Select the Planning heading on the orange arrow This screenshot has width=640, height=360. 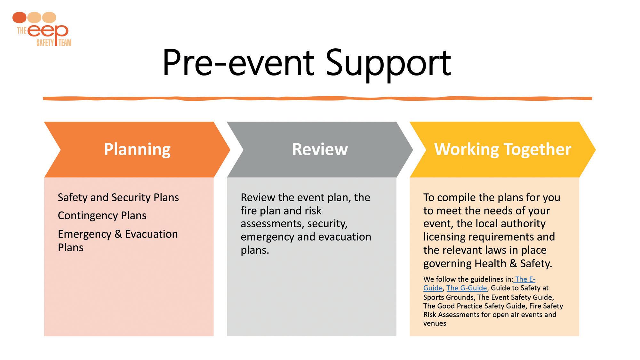tap(137, 149)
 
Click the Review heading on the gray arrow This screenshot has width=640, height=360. tap(320, 149)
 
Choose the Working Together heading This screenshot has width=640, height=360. tap(502, 149)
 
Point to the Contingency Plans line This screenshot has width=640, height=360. tap(102, 216)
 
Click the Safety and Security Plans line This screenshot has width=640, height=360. tap(118, 197)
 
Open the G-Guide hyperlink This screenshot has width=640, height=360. tap(467, 288)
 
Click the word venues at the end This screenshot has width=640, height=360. tap(435, 324)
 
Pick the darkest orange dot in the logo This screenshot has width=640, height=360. tap(20, 17)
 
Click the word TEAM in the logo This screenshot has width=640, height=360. tap(65, 43)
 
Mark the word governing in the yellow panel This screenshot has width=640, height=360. tap(447, 264)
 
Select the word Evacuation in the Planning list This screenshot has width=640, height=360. tap(151, 234)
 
